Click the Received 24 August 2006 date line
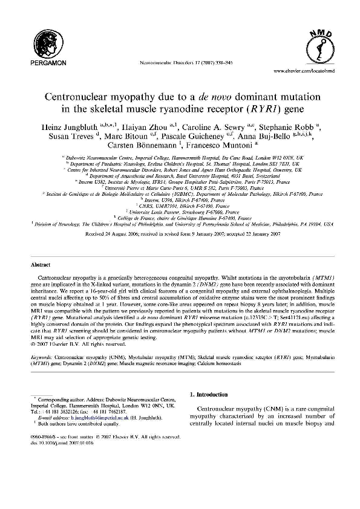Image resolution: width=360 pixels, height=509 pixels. (x=179, y=249)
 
